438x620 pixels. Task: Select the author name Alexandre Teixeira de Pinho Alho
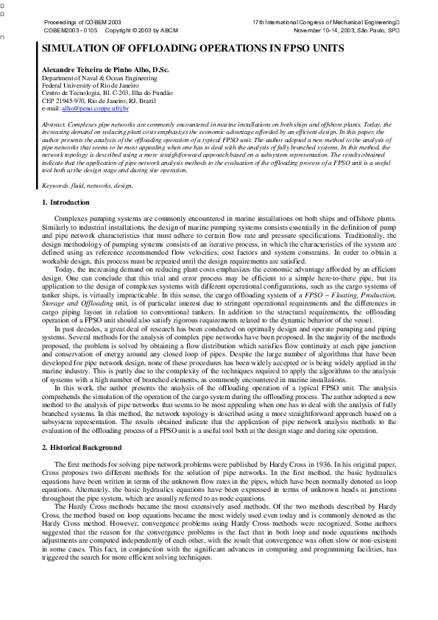pyautogui.click(x=105, y=69)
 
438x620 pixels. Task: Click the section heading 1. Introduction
pyautogui.click(x=66, y=202)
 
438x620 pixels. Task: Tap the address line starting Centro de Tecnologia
pyautogui.click(x=96, y=93)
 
